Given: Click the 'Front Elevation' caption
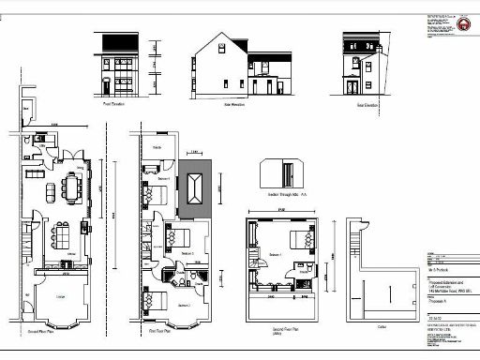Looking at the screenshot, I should (115, 105).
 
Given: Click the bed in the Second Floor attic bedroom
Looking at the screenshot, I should (299, 237).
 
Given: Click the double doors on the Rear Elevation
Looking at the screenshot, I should (352, 87).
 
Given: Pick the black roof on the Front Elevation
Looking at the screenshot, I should (115, 40).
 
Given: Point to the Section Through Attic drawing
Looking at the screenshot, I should (286, 173).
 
